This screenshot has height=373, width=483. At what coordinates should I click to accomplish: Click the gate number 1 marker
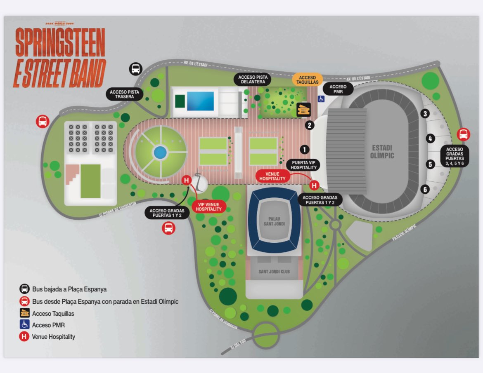click(x=305, y=149)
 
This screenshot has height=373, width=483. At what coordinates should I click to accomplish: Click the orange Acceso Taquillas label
click(x=308, y=80)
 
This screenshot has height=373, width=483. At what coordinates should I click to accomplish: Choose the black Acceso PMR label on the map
click(x=338, y=89)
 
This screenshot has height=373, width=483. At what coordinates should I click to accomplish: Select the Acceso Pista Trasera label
click(x=124, y=94)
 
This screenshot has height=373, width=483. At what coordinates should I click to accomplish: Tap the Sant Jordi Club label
click(x=274, y=272)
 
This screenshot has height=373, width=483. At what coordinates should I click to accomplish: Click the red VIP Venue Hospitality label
click(x=209, y=206)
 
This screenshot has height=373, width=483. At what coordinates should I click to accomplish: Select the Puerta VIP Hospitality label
click(x=304, y=164)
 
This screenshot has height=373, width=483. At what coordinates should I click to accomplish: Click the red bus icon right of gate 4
click(x=463, y=134)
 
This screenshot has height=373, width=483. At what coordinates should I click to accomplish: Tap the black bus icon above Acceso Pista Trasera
click(x=136, y=69)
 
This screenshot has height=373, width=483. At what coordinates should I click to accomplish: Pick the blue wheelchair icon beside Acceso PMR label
click(x=320, y=99)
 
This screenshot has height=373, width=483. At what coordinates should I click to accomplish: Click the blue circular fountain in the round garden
click(x=160, y=153)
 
